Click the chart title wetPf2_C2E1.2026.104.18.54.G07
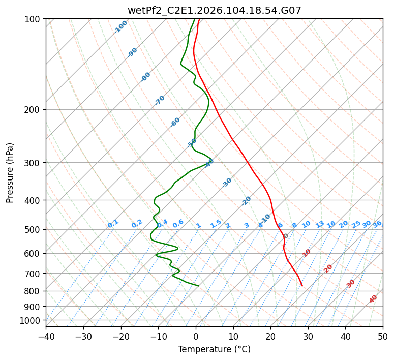pyautogui.click(x=214, y=10)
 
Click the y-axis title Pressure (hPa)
pyautogui.click(x=10, y=173)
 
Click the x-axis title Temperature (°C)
pyautogui.click(x=214, y=349)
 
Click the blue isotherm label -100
pyautogui.click(x=120, y=27)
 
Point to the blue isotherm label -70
pyautogui.click(x=160, y=100)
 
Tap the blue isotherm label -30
pyautogui.click(x=227, y=182)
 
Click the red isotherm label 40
pyautogui.click(x=373, y=299)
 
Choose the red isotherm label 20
pyautogui.click(x=328, y=268)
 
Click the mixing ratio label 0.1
pyautogui.click(x=113, y=224)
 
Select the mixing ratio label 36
pyautogui.click(x=377, y=224)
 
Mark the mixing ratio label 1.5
pyautogui.click(x=216, y=224)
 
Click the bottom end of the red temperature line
pyautogui.click(x=302, y=286)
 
